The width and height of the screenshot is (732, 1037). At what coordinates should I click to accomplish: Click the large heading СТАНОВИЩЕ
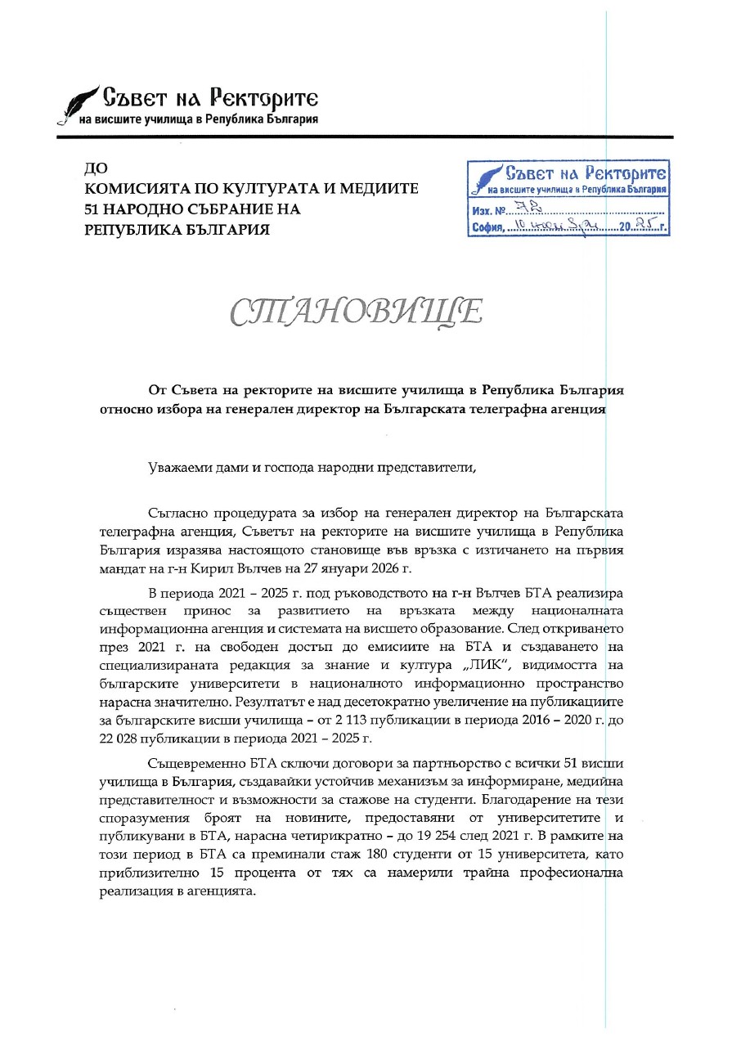point(356,312)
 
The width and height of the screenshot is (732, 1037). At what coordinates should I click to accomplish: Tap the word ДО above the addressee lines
point(96,168)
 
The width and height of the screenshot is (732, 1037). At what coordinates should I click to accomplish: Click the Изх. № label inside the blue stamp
point(487,211)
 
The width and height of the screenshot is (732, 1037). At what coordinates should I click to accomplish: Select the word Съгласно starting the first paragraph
point(181,513)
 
